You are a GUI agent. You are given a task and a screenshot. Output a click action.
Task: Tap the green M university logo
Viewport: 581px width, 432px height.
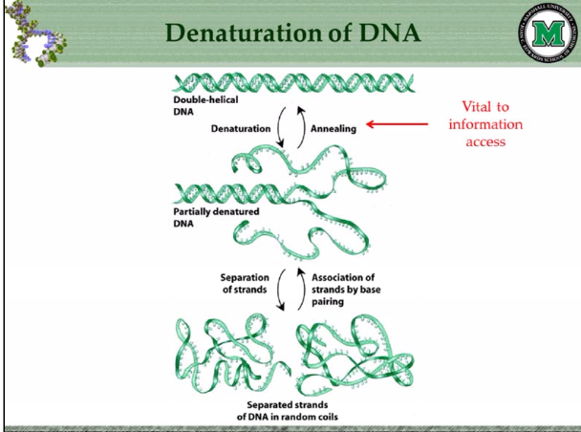(548, 35)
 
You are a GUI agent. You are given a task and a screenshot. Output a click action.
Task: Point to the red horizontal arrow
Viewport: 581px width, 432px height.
(401, 122)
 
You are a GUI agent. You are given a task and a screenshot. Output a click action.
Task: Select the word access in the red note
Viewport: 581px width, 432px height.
(484, 141)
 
